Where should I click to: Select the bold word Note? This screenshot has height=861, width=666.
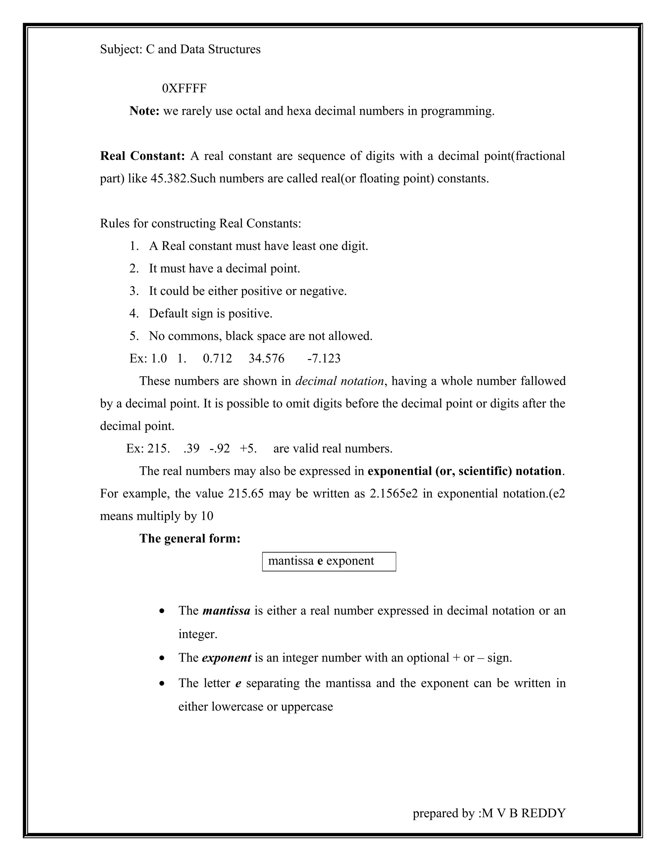tap(144, 111)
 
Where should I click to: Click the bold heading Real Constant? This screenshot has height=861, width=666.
tap(142, 156)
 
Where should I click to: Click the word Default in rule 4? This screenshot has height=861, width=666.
tap(168, 314)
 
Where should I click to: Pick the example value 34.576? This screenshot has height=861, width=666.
tap(266, 359)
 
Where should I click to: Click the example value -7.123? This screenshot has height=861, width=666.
tap(324, 359)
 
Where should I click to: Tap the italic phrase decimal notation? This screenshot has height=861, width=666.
tap(339, 381)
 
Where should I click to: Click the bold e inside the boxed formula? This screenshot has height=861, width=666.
tap(320, 561)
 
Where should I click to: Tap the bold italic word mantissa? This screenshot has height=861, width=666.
tap(226, 611)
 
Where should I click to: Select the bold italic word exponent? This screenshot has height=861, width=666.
tap(226, 658)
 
